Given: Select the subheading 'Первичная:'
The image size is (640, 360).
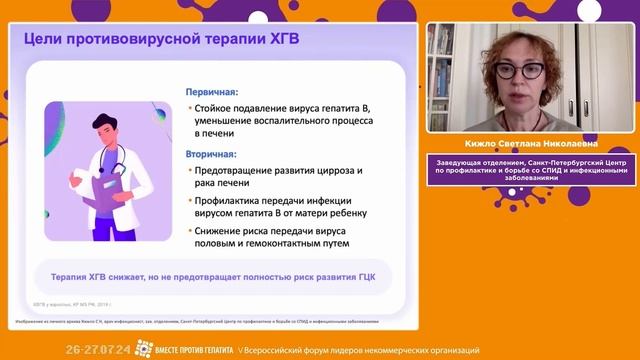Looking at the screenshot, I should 210,90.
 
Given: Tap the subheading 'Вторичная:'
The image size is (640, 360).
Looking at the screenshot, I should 211,154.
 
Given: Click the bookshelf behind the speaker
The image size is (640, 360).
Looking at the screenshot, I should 445,70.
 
